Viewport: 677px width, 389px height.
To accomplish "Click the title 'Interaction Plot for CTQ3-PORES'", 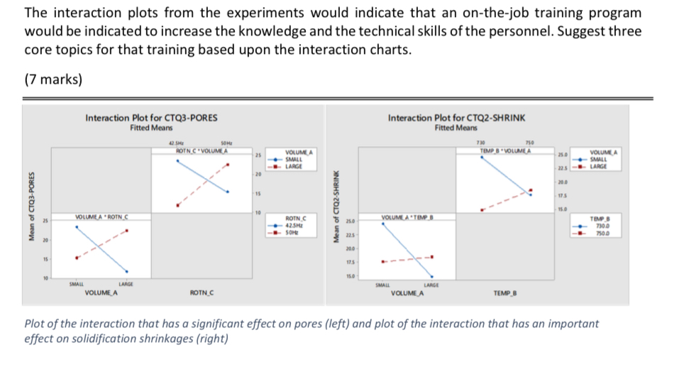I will [x=151, y=117].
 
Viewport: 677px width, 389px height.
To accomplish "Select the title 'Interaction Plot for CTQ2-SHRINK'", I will [x=456, y=117].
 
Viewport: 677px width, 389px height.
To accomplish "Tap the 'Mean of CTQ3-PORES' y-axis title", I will [x=31, y=212].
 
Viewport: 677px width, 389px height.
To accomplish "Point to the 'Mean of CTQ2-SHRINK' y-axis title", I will [x=337, y=212].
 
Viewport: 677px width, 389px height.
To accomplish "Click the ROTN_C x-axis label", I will [x=204, y=292].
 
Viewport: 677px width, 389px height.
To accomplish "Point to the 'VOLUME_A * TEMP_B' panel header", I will [x=407, y=216].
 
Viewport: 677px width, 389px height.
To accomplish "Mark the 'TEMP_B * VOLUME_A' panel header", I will [x=506, y=149].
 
